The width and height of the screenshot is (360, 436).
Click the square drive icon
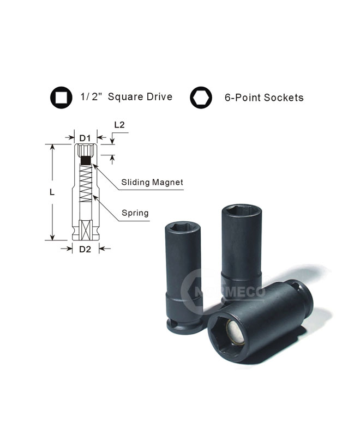[x=61, y=98]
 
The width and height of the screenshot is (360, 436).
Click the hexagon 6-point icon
[x=201, y=98]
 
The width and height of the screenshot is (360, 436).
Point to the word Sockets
[x=284, y=98]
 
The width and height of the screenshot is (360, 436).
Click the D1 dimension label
[x=85, y=138]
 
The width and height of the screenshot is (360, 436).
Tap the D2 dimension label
[x=85, y=249]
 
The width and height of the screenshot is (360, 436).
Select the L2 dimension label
[x=119, y=125]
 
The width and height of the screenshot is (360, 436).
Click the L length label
[x=52, y=192]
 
